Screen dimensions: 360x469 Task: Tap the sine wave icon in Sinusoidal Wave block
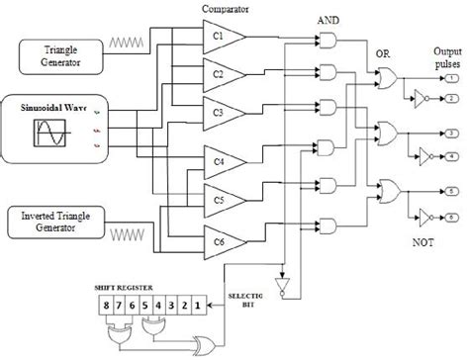pyautogui.click(x=49, y=133)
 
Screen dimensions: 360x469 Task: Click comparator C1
pyautogui.click(x=221, y=37)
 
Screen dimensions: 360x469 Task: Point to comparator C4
pyautogui.click(x=221, y=158)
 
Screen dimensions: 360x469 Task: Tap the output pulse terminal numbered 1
pyautogui.click(x=450, y=76)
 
